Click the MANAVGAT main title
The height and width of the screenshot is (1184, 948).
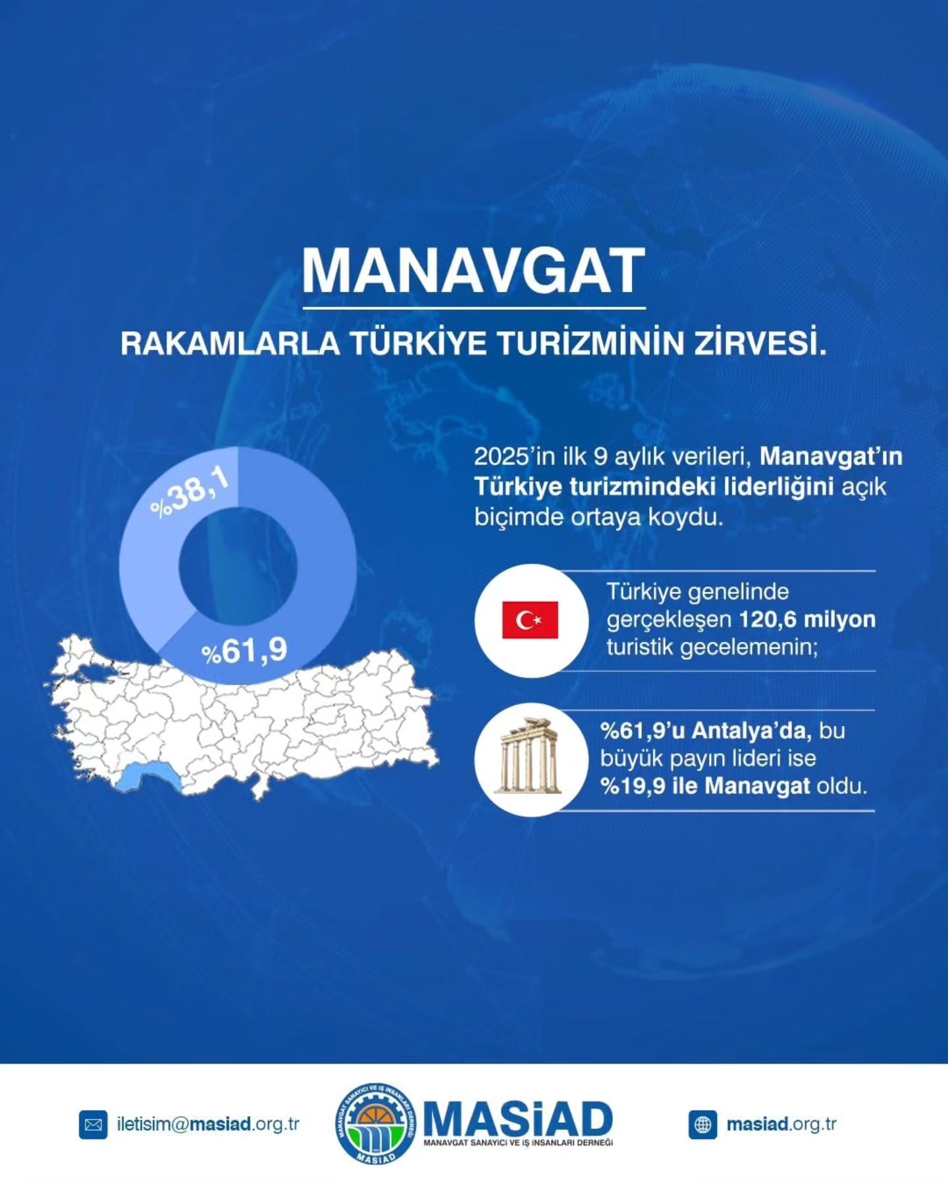[473, 270]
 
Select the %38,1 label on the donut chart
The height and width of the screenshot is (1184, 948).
[190, 492]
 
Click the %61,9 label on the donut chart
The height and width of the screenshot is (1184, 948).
[244, 651]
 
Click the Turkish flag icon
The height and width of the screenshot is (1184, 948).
[530, 620]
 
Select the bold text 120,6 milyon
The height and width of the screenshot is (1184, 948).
[807, 620]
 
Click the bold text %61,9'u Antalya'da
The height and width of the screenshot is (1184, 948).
[705, 730]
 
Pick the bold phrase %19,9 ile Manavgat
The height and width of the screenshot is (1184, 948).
[705, 786]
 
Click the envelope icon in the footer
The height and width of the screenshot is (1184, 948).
[93, 1125]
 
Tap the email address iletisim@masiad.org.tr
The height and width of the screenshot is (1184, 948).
[208, 1124]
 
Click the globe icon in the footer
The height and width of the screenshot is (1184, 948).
[702, 1125]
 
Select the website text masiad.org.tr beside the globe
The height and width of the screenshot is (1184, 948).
[781, 1124]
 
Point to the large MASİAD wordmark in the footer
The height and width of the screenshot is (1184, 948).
[518, 1118]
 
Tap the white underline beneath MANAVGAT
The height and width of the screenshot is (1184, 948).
[474, 308]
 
